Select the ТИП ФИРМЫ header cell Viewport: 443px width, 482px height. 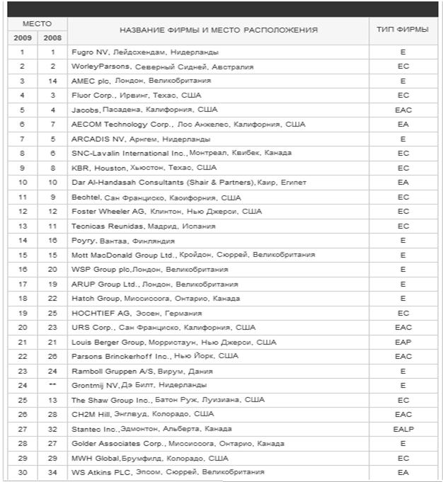pos(402,30)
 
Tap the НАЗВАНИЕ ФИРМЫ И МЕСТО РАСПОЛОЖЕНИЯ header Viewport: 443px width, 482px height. pos(218,30)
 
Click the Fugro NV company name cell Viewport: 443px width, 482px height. pos(145,52)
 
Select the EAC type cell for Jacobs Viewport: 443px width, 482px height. pos(403,110)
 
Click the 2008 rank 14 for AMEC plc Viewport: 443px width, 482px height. pos(52,81)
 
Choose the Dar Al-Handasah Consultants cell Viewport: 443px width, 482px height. pos(189,183)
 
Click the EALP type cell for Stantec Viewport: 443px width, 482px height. pos(403,429)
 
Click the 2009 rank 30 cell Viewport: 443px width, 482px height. pos(22,472)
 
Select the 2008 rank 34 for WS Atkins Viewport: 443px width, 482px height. pos(52,472)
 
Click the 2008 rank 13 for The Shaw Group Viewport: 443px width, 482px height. pos(52,400)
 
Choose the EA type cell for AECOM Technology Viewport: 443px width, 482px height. pos(403,125)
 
